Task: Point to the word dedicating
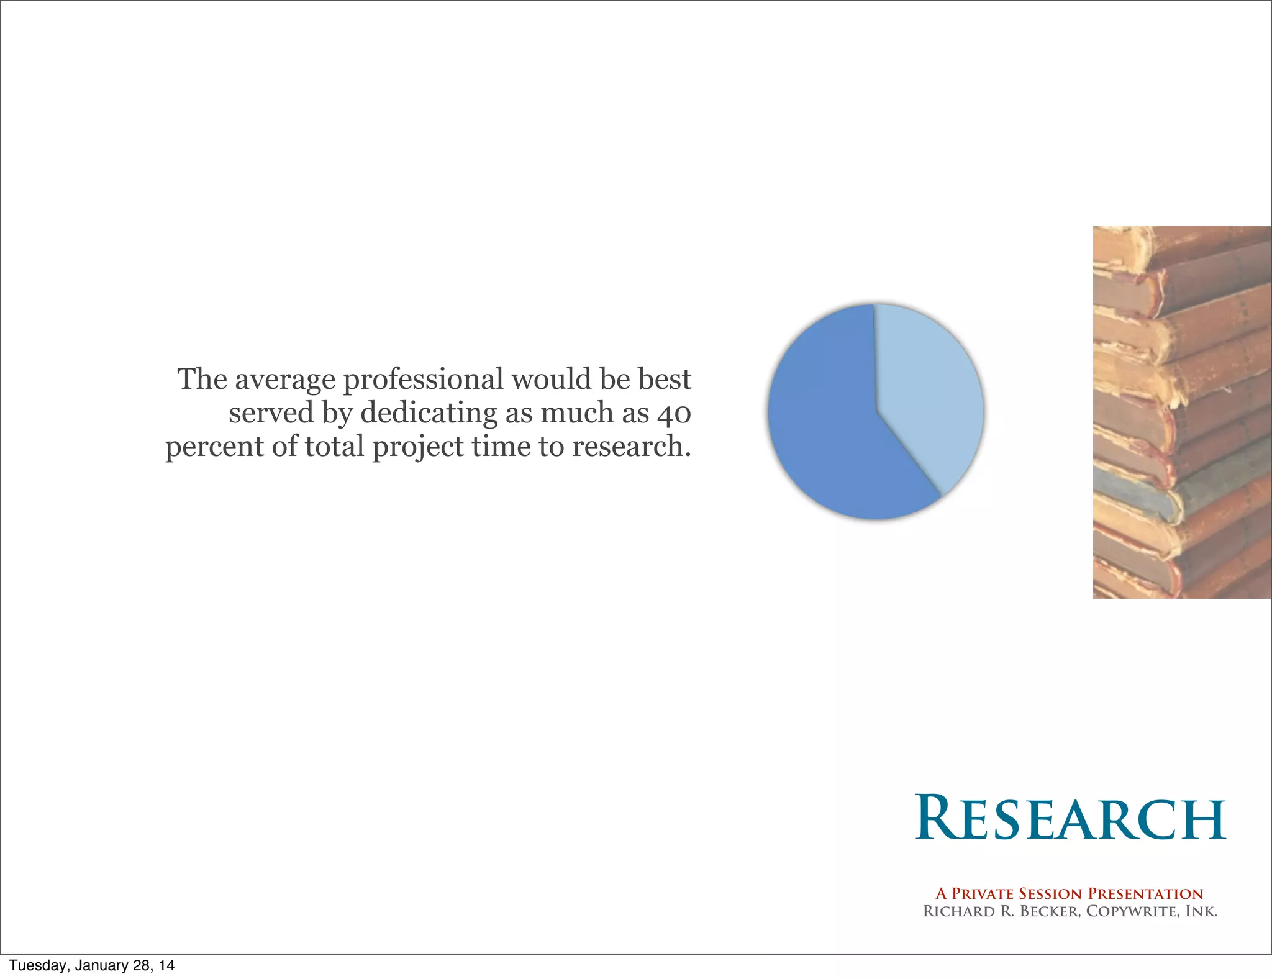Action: pos(429,414)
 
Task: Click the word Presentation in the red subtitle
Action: pos(1146,894)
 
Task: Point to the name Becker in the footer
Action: pos(1050,911)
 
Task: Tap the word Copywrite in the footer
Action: pos(1131,911)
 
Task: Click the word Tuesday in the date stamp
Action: pos(36,965)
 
